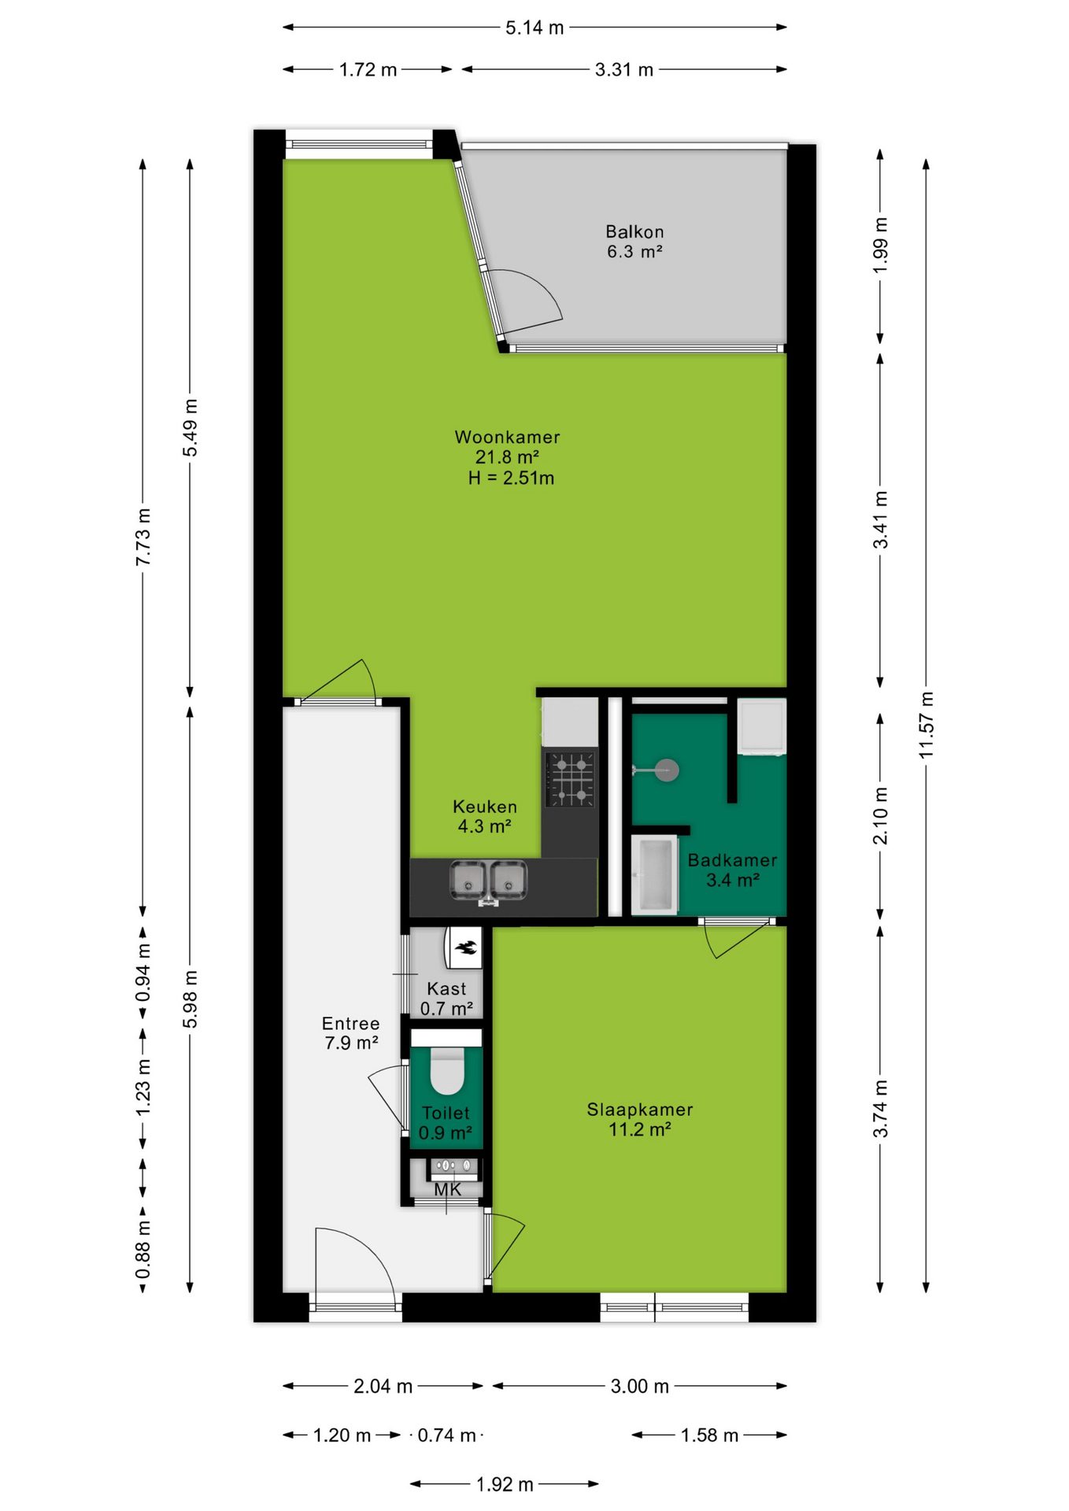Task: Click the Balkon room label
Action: point(634,231)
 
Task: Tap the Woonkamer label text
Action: point(507,437)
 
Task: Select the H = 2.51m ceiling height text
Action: point(511,478)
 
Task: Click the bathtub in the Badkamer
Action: point(654,875)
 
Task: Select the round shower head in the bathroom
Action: point(667,770)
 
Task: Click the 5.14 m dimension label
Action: point(534,28)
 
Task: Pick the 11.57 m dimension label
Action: point(926,725)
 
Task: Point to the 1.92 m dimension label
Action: point(505,1484)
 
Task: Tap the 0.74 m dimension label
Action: point(446,1435)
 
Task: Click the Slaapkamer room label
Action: point(640,1110)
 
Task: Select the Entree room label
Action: point(351,1023)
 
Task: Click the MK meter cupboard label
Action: point(448,1190)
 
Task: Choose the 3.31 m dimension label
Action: point(624,69)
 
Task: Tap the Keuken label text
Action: point(485,807)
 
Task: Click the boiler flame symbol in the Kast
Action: point(466,948)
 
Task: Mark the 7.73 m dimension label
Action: point(142,537)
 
